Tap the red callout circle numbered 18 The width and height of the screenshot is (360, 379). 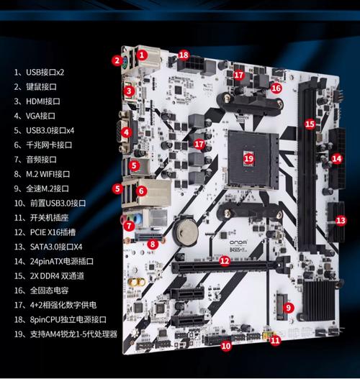tap(184, 55)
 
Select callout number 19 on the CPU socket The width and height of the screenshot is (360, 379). tap(249, 157)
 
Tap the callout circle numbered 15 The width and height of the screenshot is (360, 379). tap(310, 124)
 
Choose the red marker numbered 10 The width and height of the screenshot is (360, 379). tap(225, 346)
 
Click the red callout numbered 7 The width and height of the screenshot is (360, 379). tap(128, 225)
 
